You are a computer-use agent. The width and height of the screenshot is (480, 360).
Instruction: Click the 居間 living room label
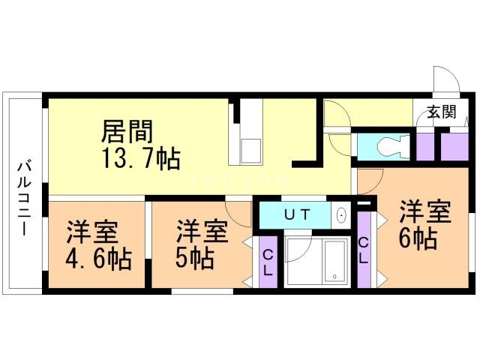pyautogui.click(x=128, y=133)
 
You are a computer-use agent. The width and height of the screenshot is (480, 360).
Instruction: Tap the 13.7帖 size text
pyautogui.click(x=140, y=159)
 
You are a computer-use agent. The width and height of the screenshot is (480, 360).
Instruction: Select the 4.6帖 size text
pyautogui.click(x=97, y=259)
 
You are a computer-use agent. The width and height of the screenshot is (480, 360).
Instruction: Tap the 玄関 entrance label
pyautogui.click(x=442, y=113)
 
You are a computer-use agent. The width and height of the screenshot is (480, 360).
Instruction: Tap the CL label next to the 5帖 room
pyautogui.click(x=267, y=263)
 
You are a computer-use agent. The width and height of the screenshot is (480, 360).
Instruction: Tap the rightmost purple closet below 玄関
pyautogui.click(x=454, y=146)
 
